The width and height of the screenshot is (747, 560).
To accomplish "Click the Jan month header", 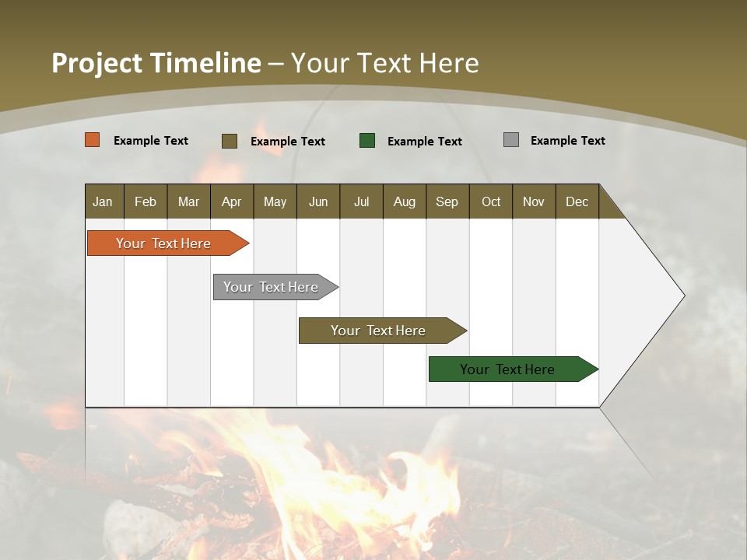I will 103,201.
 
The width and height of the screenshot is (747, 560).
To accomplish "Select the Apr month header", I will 232,201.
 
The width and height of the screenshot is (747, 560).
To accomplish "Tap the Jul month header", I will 361,201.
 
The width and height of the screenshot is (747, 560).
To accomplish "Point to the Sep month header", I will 447,201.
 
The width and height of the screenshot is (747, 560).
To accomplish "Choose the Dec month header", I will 577,201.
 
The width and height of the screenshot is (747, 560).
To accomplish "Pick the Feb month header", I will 146,201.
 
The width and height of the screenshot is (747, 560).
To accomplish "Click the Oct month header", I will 491,201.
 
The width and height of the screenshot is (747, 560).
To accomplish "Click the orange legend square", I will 93,140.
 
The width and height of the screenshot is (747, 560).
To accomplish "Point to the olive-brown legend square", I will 230,141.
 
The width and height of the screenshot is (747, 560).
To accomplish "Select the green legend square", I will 367,141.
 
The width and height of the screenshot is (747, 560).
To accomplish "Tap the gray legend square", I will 511,140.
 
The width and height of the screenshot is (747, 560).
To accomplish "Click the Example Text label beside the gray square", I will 567,141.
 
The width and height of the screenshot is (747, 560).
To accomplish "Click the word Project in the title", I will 96,64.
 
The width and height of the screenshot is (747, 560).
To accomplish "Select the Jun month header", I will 318,201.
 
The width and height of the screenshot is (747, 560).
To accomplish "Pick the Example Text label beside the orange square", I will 151,141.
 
